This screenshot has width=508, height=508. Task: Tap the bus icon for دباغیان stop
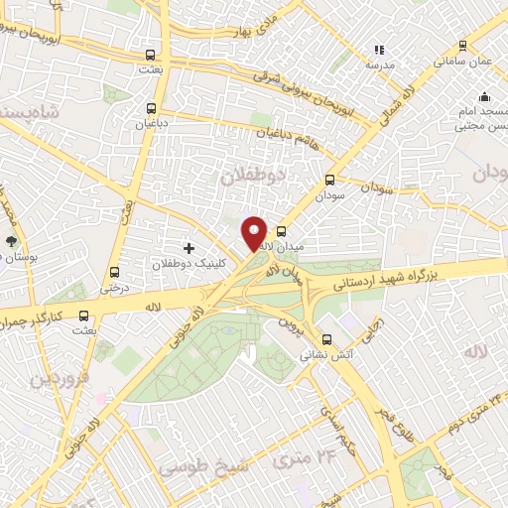coord(152,109)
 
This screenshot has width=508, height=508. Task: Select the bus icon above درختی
coord(115,272)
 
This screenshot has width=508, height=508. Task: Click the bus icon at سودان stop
coord(330,181)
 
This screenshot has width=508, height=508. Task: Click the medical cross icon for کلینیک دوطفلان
coord(190,246)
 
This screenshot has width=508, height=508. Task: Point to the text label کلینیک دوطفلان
coord(194,265)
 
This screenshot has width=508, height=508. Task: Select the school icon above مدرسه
coord(377,49)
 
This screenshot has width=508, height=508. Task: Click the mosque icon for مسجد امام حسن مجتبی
coord(484,97)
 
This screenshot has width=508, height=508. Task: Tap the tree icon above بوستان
coord(12,241)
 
